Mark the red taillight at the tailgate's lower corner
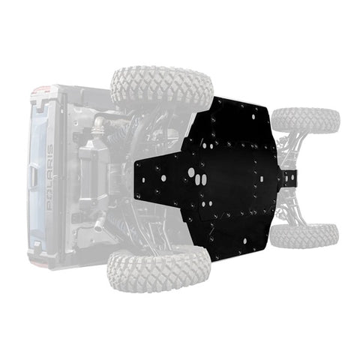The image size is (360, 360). coord(31,259)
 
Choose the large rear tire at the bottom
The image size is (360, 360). coord(157,270)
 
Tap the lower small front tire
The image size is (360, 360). coord(303,235)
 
